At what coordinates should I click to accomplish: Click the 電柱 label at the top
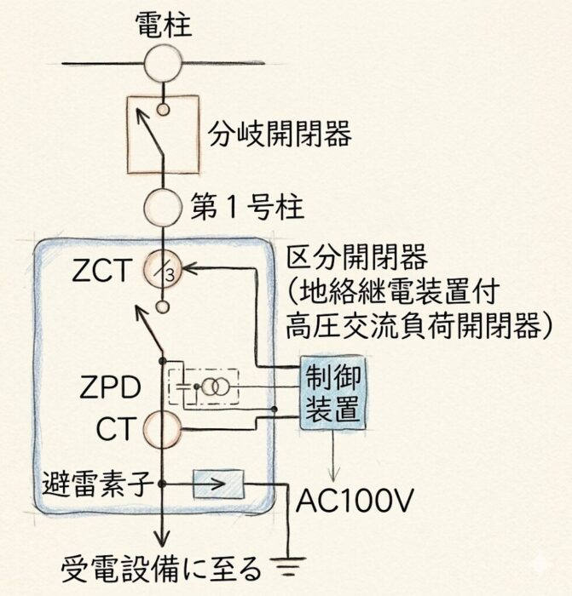[165, 25]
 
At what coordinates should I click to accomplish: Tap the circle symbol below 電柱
[165, 64]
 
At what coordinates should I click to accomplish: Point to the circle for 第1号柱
[165, 205]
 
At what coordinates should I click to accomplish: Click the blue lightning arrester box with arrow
[219, 484]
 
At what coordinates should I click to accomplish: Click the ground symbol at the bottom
[281, 565]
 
